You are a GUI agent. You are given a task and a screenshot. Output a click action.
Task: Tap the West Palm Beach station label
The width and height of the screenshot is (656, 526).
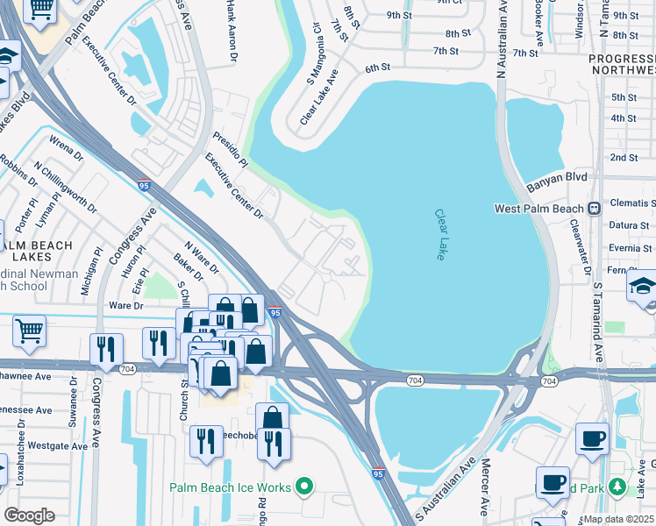pyautogui.click(x=538, y=209)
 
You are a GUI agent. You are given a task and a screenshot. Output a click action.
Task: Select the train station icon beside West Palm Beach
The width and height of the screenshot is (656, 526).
pyautogui.click(x=594, y=209)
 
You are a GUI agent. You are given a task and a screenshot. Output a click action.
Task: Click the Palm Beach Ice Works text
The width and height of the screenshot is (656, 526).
pyautogui.click(x=232, y=486)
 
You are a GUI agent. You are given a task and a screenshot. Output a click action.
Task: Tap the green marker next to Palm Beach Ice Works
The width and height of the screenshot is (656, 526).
pyautogui.click(x=304, y=485)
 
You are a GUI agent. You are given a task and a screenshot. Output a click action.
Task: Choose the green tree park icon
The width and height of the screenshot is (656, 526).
pyautogui.click(x=617, y=487)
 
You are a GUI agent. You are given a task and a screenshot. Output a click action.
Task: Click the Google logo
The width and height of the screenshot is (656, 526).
pyautogui.click(x=29, y=515)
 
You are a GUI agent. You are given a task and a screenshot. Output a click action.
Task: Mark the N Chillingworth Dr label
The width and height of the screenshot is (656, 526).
pyautogui.click(x=65, y=187)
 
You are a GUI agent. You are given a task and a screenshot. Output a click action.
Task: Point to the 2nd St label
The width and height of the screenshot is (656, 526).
pyautogui.click(x=624, y=158)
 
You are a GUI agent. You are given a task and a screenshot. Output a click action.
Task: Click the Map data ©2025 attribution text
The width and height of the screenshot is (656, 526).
pyautogui.click(x=618, y=519)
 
